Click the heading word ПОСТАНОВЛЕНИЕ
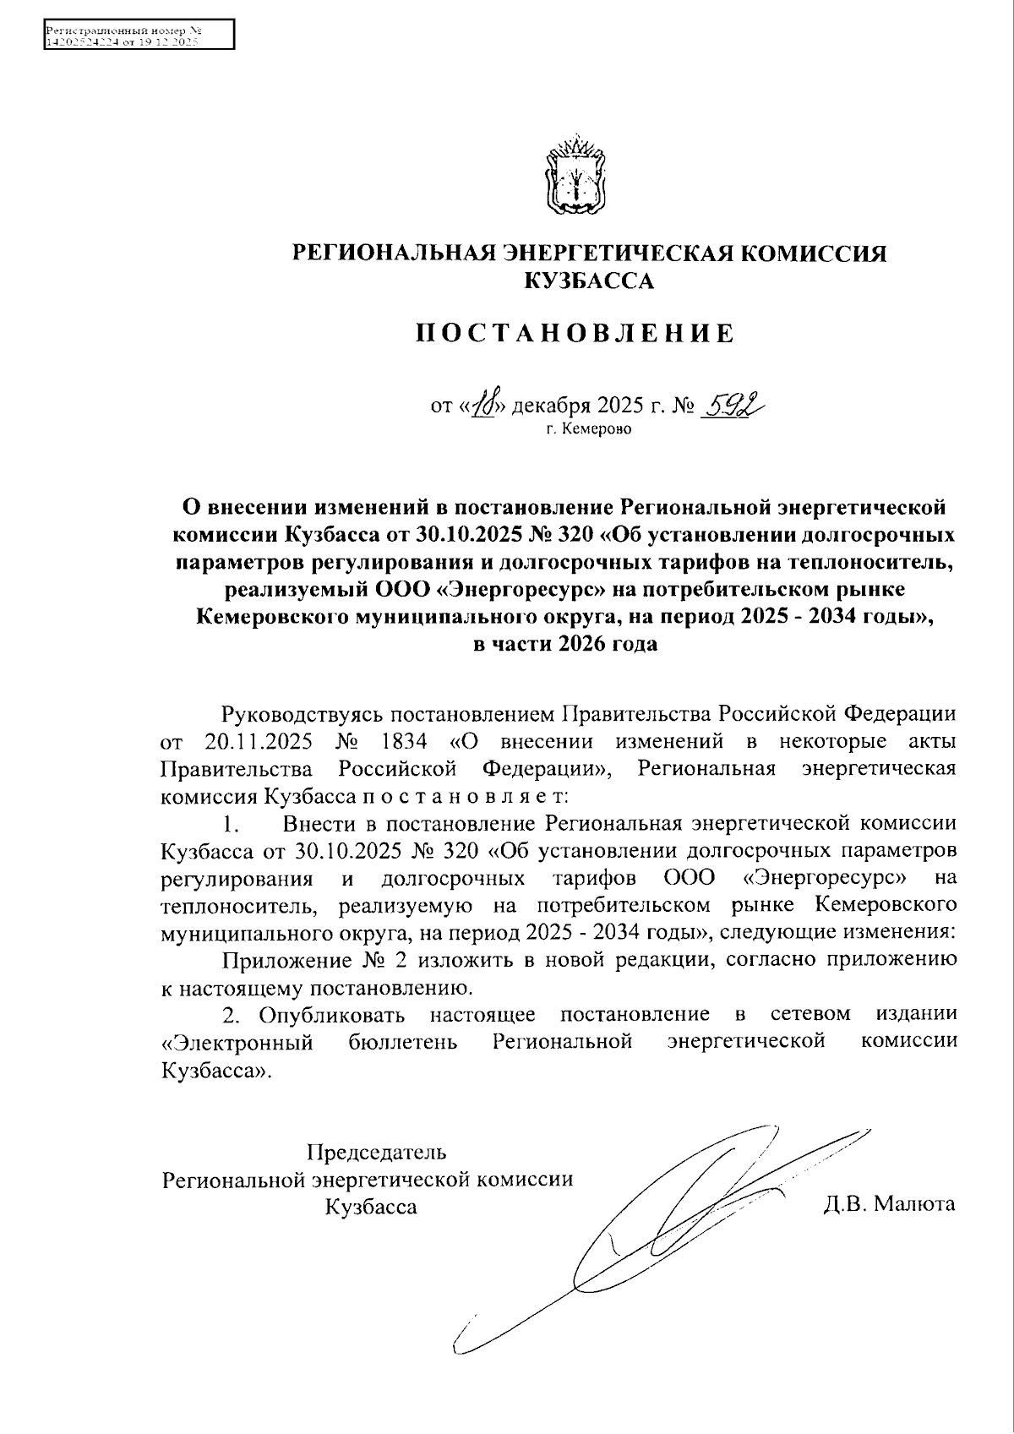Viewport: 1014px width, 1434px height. (575, 334)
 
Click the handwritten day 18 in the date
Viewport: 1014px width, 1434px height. (489, 406)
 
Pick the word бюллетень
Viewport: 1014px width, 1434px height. (403, 1041)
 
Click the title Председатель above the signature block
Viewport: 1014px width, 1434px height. (377, 1151)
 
